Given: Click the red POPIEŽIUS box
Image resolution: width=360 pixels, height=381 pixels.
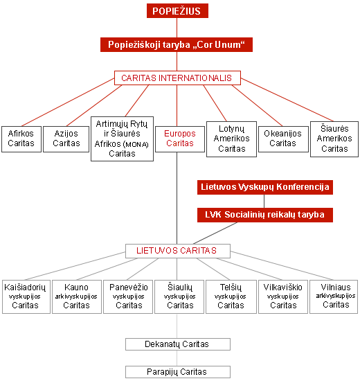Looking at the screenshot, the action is [x=177, y=10].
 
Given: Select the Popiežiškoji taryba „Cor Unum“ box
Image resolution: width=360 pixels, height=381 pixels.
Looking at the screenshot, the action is [x=177, y=45].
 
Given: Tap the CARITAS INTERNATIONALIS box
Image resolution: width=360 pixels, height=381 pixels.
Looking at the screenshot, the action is [x=177, y=78].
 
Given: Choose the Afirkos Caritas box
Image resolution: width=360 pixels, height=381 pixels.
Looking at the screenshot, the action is [x=21, y=139].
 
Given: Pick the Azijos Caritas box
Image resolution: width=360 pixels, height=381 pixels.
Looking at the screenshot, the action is [x=66, y=139].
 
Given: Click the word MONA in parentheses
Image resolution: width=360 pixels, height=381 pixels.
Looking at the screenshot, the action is [x=136, y=145].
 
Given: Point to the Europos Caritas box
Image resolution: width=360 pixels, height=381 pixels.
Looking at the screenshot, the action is [x=180, y=139].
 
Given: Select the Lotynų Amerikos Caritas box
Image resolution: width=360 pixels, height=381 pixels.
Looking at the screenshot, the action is [x=231, y=139].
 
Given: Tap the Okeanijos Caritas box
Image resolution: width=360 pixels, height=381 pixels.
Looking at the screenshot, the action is [x=283, y=139].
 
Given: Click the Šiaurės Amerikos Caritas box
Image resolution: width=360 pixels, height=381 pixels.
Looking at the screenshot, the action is [x=334, y=139].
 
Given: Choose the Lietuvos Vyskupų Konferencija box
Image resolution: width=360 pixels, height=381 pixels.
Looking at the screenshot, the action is [x=265, y=187].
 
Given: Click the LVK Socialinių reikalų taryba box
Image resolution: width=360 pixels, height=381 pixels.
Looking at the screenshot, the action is [x=265, y=215].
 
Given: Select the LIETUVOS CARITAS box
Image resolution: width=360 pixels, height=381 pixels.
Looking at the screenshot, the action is [x=178, y=251].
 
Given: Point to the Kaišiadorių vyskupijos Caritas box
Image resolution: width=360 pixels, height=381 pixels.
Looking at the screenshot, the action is [x=26, y=296].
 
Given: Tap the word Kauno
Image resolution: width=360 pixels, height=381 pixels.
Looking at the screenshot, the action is [x=76, y=287].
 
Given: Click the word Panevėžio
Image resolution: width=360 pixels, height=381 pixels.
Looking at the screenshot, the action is [x=129, y=287].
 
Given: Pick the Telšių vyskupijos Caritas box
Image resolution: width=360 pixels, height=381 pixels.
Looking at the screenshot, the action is [x=231, y=296].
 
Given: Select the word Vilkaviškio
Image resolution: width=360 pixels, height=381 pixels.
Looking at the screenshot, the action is [x=283, y=287].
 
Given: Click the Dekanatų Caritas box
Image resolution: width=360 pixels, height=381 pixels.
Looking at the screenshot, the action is [x=178, y=344].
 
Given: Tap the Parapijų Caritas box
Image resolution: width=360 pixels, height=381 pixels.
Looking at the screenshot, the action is [x=178, y=372].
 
